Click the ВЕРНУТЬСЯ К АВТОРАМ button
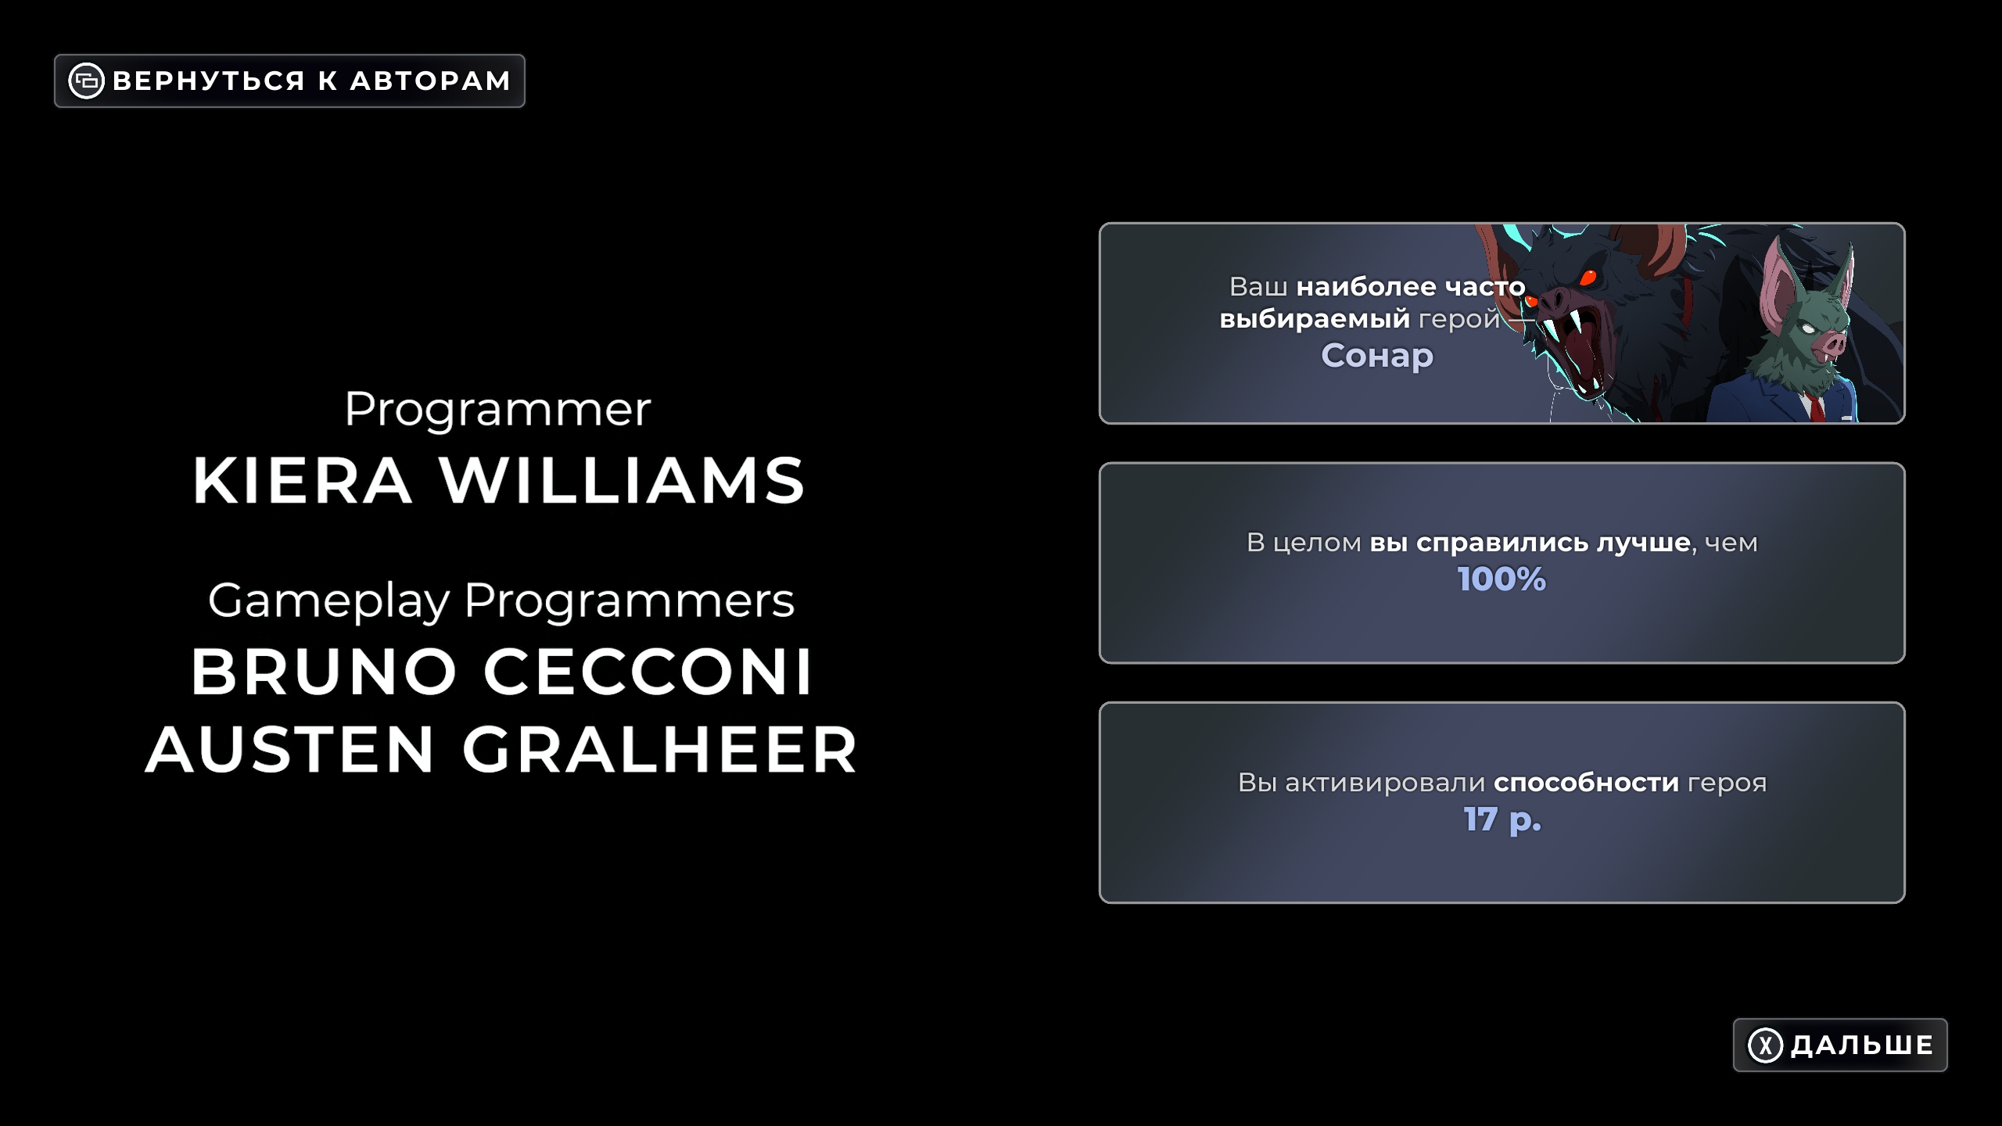click(289, 81)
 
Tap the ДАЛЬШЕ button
click(1840, 1045)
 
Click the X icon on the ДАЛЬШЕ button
click(1765, 1045)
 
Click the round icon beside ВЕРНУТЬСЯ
click(86, 81)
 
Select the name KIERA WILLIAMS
click(499, 480)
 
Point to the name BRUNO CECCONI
click(502, 672)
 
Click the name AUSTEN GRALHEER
click(501, 749)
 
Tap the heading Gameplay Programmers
click(501, 601)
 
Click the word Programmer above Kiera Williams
click(497, 410)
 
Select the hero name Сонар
click(1377, 356)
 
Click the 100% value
click(1501, 579)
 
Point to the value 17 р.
click(1502, 819)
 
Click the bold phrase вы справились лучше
click(1530, 542)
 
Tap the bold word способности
click(1586, 782)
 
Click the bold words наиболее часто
click(1411, 287)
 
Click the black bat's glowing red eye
click(1588, 277)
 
